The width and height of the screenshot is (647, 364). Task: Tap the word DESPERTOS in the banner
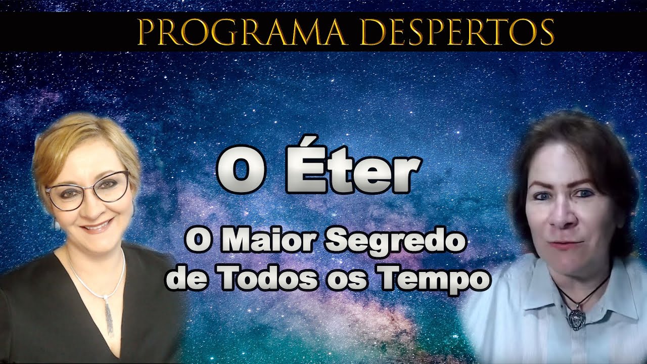(466, 32)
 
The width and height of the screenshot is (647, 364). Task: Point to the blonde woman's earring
(57, 225)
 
